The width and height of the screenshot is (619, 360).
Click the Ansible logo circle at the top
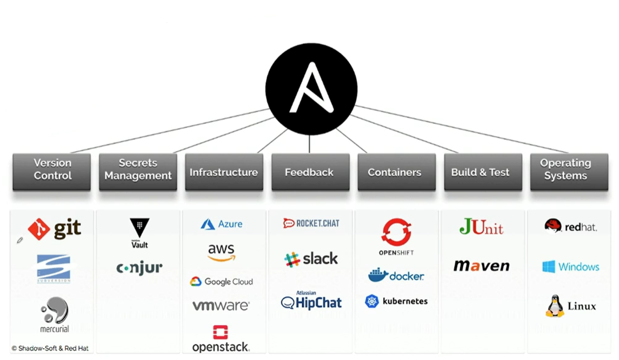click(x=311, y=89)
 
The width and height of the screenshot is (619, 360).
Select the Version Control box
click(x=52, y=171)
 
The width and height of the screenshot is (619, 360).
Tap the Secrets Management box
click(x=138, y=171)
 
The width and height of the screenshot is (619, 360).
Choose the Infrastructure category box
click(x=224, y=172)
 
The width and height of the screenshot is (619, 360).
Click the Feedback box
click(x=310, y=172)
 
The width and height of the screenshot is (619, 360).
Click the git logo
click(x=55, y=229)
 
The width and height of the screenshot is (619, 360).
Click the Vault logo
click(x=139, y=232)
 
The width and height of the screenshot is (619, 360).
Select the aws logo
click(x=222, y=252)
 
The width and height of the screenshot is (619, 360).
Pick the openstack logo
click(x=221, y=339)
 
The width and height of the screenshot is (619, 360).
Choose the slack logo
click(x=311, y=259)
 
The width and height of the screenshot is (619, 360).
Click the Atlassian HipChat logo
click(x=311, y=301)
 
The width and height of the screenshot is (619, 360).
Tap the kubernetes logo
click(x=396, y=301)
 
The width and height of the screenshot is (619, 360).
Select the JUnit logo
click(x=481, y=226)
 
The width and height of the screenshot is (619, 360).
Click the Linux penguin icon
click(x=554, y=306)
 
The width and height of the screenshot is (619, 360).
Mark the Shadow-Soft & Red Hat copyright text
click(x=50, y=349)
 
